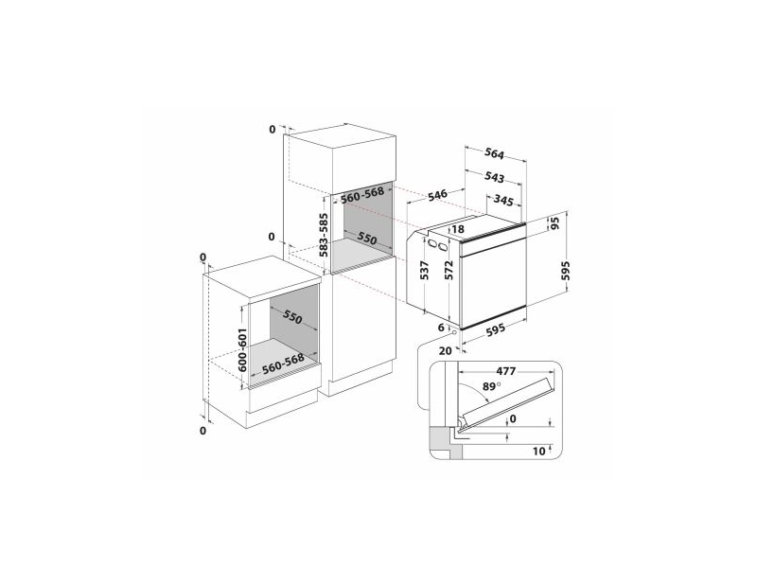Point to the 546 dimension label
coord(436,196)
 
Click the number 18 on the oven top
coord(458,229)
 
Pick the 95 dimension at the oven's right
coord(557,225)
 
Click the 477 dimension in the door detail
coord(505,371)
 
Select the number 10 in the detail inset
coord(538,452)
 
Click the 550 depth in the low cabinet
coord(291,318)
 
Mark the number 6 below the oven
coord(440,327)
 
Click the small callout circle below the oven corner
coord(456,333)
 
